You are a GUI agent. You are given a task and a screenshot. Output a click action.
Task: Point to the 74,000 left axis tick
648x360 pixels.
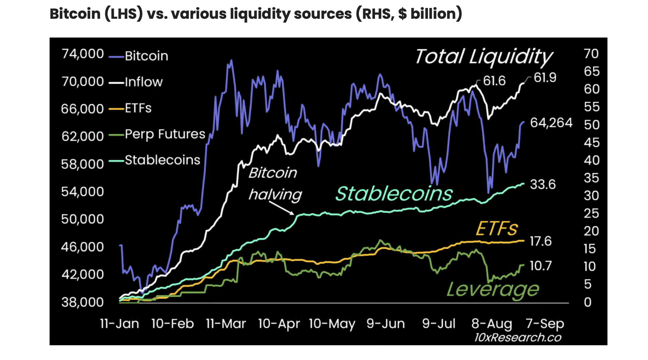(x=83, y=54)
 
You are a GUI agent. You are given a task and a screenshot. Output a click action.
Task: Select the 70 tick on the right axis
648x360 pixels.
(x=591, y=54)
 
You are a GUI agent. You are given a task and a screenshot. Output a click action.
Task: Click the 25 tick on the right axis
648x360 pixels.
(x=591, y=214)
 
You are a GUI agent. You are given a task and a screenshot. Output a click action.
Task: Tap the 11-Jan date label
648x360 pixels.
(x=120, y=324)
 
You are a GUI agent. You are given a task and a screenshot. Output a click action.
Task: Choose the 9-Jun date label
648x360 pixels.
(x=386, y=324)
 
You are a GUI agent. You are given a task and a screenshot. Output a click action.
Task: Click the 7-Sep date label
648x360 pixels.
(x=545, y=324)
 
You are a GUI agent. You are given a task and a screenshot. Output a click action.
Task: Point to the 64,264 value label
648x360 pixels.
(x=551, y=123)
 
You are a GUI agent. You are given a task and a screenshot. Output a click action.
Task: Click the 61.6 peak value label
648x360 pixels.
(x=494, y=81)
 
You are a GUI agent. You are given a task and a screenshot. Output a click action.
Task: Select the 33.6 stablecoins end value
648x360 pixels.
(x=543, y=184)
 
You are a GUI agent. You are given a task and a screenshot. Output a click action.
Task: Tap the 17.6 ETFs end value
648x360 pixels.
(x=540, y=241)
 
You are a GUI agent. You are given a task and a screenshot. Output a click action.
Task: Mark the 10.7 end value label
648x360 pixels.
(x=540, y=266)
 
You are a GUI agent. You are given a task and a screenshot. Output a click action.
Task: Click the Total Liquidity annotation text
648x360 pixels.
(x=484, y=57)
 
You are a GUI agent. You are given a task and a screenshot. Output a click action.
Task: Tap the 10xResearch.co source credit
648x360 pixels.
(x=518, y=337)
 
